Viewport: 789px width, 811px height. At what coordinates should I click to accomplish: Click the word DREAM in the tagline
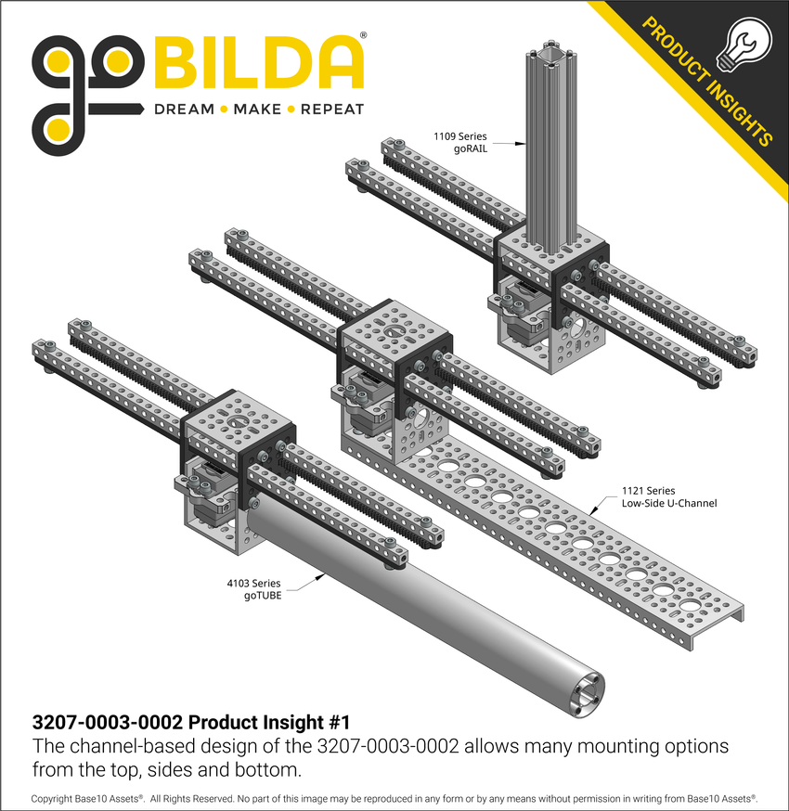click(184, 109)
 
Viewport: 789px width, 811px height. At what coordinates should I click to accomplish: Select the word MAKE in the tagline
click(257, 109)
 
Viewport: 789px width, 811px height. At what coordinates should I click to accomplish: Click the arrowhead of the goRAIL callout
click(522, 143)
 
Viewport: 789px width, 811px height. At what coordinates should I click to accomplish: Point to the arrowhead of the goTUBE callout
click(320, 576)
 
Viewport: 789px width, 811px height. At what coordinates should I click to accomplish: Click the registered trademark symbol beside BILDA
click(362, 35)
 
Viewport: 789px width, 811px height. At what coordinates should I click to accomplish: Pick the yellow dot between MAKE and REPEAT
click(291, 109)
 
